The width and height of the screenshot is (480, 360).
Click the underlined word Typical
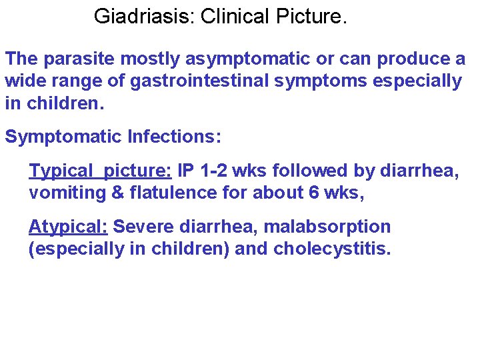tap(59, 171)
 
